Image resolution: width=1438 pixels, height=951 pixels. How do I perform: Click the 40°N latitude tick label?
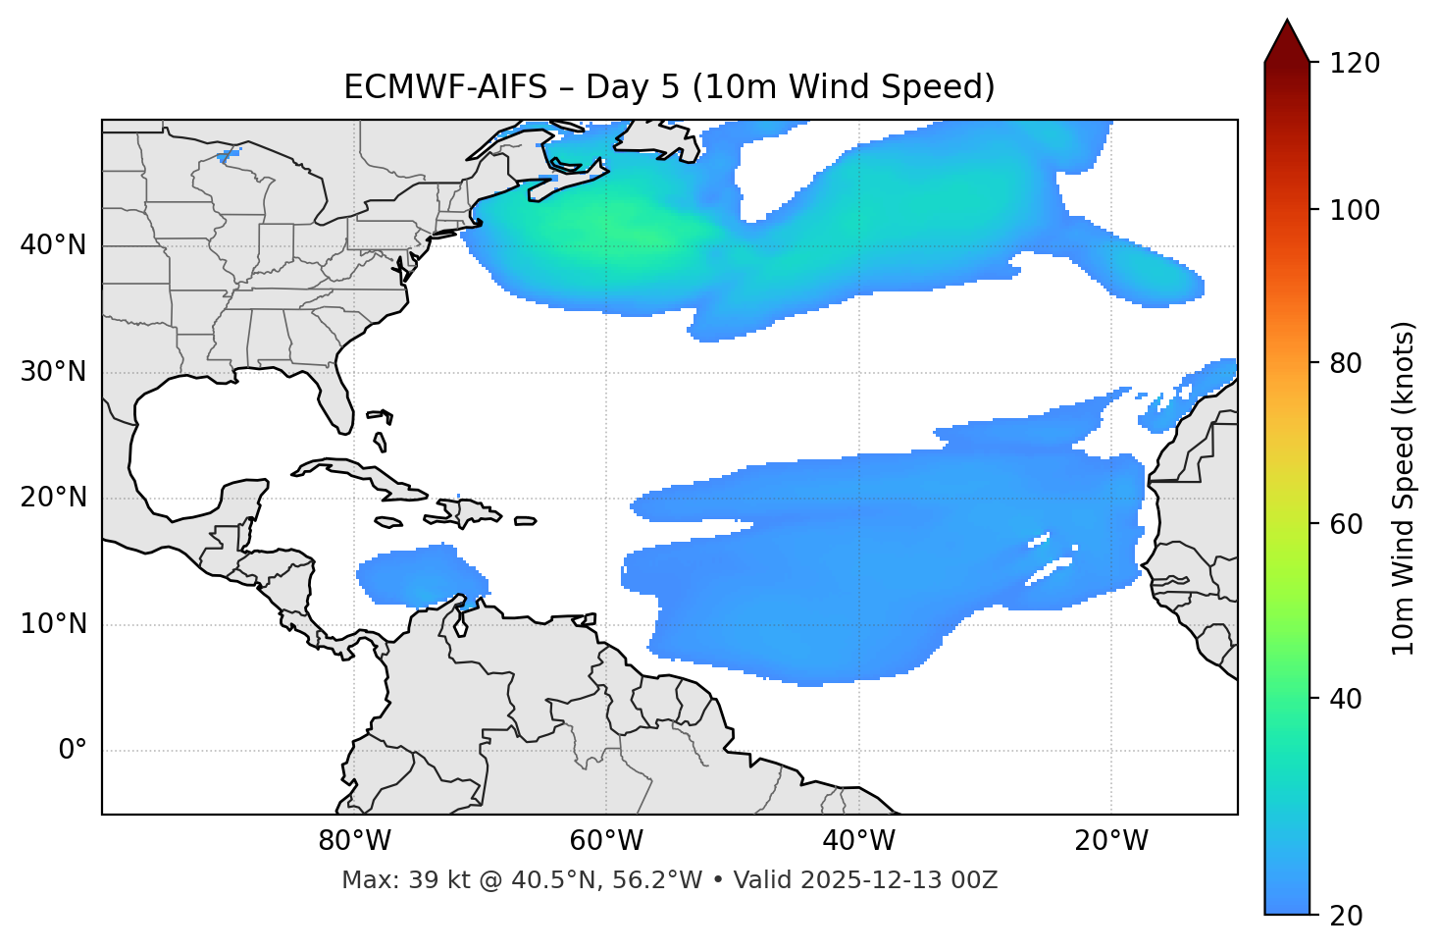coord(53,245)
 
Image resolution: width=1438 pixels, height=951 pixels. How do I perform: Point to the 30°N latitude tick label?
coord(53,372)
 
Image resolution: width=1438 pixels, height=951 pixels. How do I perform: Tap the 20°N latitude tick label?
coord(53,498)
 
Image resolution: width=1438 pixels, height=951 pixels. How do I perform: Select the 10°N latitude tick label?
coord(53,624)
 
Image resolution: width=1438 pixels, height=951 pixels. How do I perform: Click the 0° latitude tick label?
coord(73,751)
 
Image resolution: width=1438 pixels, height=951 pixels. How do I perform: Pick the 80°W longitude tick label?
coord(354,841)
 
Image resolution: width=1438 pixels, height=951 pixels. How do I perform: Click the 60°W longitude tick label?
coord(606,841)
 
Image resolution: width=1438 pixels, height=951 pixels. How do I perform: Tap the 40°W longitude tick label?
coord(858,841)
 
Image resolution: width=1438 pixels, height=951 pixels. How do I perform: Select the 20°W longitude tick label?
coord(1110,841)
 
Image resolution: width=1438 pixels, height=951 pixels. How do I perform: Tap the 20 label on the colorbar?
coord(1344,915)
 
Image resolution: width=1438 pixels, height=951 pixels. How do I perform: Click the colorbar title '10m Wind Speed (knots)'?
coord(1404,488)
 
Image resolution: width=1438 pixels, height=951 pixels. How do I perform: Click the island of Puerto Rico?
coord(525,521)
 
